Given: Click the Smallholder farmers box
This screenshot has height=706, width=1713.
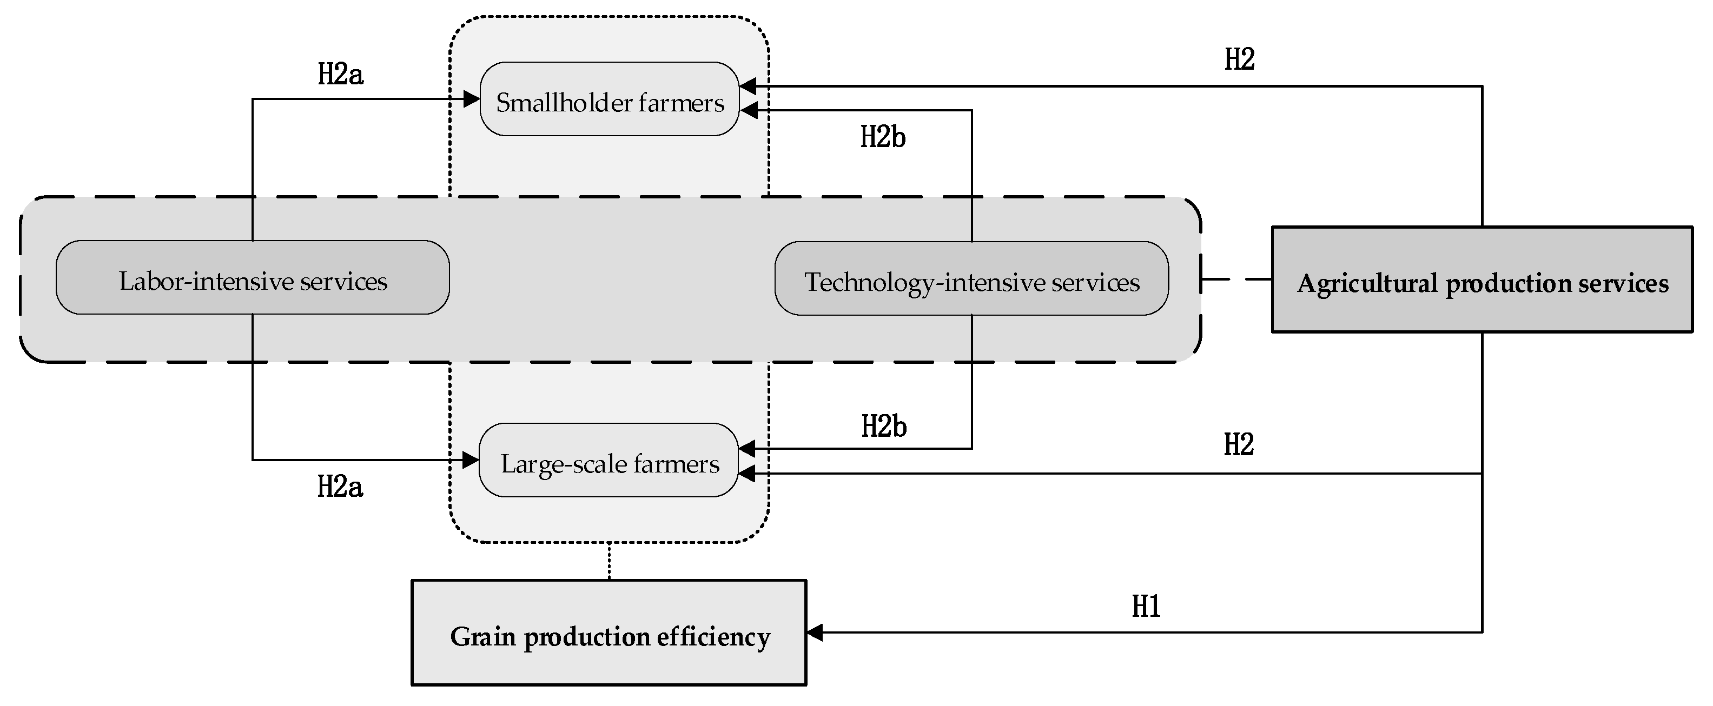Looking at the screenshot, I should pos(609,99).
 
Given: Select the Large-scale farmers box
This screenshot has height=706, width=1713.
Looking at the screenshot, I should pos(609,461).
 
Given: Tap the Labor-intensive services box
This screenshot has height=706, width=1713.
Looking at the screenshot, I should pos(253,278).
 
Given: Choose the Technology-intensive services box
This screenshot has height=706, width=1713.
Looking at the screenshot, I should pos(971,278).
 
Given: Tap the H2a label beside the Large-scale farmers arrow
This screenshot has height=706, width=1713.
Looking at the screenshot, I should pos(340,487).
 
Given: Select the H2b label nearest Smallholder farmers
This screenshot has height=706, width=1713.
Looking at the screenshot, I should pos(883,137).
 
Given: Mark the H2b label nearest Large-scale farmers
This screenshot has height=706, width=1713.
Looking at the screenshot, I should pos(884,426).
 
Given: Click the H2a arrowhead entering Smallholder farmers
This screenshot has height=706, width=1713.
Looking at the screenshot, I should pos(472,99).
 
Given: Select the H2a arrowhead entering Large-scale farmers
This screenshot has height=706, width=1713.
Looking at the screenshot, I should pos(471,459).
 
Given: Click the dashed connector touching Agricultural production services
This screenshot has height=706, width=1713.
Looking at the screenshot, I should pos(1236,279).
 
